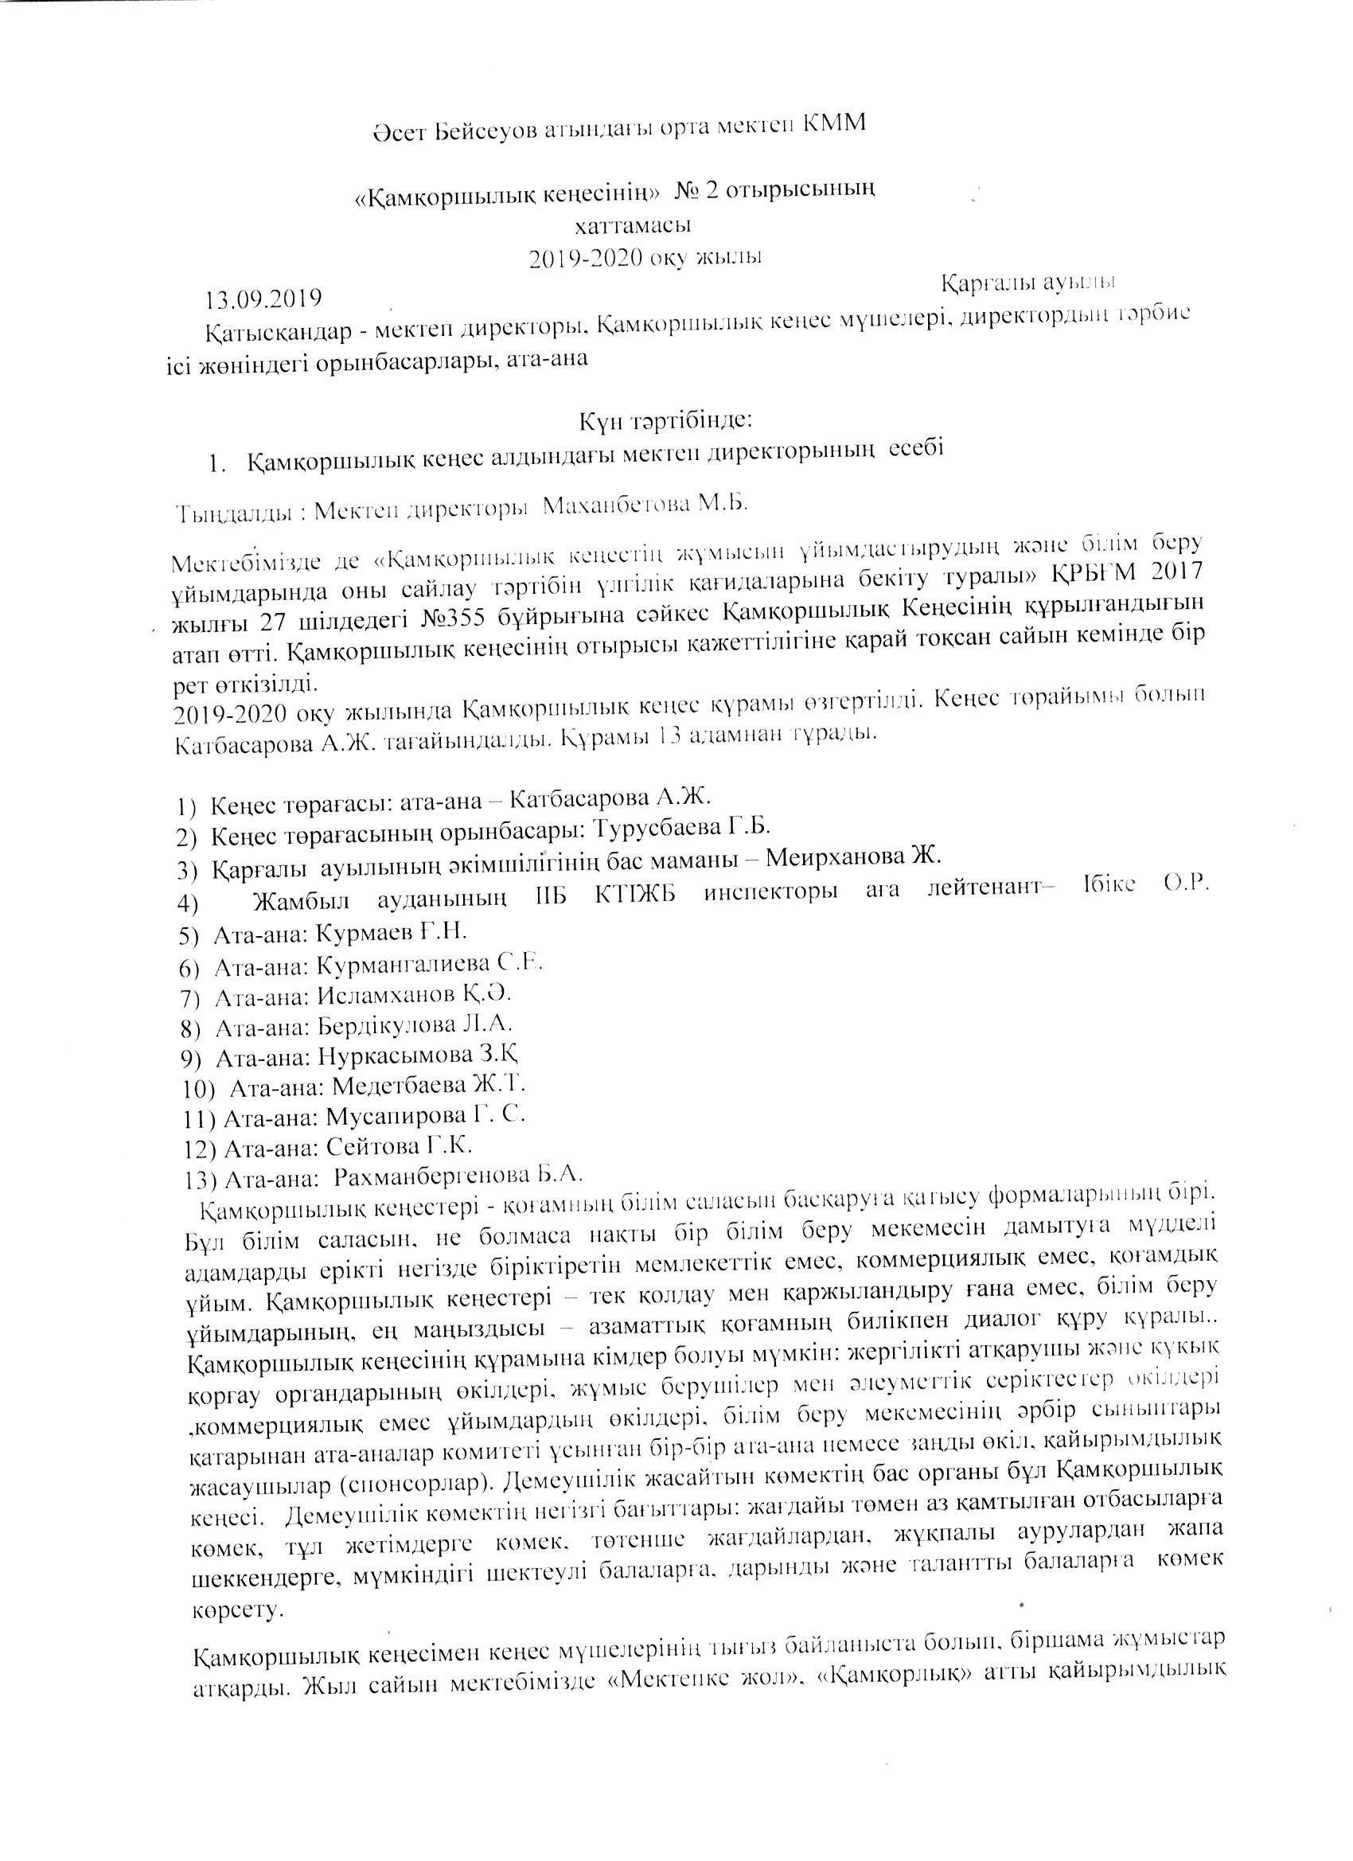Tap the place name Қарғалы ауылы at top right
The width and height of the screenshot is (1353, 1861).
tap(1027, 282)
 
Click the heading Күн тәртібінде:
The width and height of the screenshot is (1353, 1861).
tap(663, 421)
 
